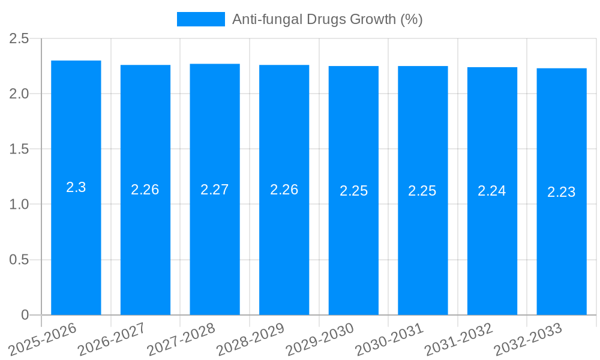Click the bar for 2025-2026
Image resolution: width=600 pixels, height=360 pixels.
coord(76,240)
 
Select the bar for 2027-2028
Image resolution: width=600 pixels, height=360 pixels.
coord(215,240)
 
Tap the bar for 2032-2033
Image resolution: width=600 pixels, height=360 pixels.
coord(562,240)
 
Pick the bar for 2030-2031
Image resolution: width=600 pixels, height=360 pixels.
coord(423,240)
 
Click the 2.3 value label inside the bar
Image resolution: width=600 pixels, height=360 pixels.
coord(76,187)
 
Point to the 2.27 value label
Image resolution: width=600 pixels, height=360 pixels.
coord(215,190)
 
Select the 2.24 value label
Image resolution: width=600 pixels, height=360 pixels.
coord(492,191)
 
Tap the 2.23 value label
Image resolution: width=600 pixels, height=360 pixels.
coord(562,192)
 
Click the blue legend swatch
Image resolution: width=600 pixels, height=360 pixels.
coord(200,19)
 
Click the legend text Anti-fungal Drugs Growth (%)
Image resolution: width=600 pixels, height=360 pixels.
coord(327,19)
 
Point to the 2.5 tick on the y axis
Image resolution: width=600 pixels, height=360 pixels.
coord(19,38)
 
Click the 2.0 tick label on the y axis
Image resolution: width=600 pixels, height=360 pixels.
coord(19,94)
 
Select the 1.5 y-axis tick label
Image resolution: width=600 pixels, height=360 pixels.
coord(19,149)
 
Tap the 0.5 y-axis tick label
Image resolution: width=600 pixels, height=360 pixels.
coord(19,260)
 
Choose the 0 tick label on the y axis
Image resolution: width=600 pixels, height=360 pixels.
coord(25,315)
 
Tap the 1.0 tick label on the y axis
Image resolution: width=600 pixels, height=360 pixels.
coord(19,204)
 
